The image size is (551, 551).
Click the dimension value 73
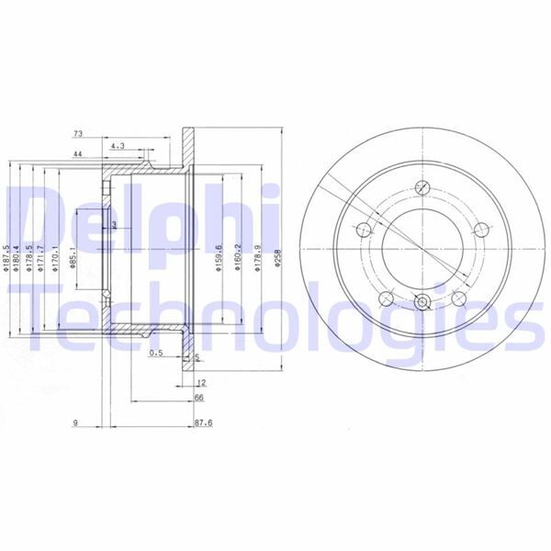(79, 134)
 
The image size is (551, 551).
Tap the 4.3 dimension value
(118, 146)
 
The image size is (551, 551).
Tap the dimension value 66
(198, 398)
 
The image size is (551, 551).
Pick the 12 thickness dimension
(198, 382)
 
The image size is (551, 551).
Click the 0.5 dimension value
(155, 353)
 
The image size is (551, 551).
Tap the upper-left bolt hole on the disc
(365, 230)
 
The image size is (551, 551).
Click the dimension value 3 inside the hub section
(114, 224)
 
